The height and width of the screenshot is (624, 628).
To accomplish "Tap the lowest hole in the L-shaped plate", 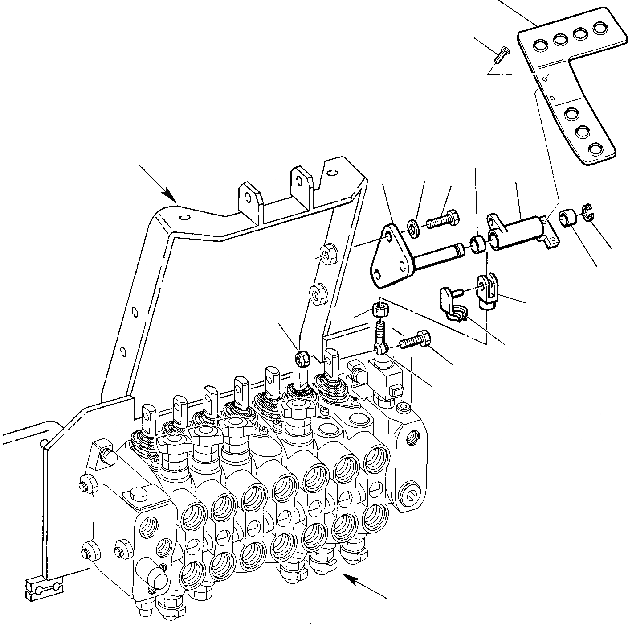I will coord(595,149).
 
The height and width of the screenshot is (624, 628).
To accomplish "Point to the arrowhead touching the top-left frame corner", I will coord(170,195).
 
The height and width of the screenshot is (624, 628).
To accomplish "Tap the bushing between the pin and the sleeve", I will coord(478,245).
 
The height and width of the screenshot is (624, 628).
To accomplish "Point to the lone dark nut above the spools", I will coord(302,358).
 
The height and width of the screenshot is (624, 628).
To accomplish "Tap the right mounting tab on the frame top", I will coord(302,183).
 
